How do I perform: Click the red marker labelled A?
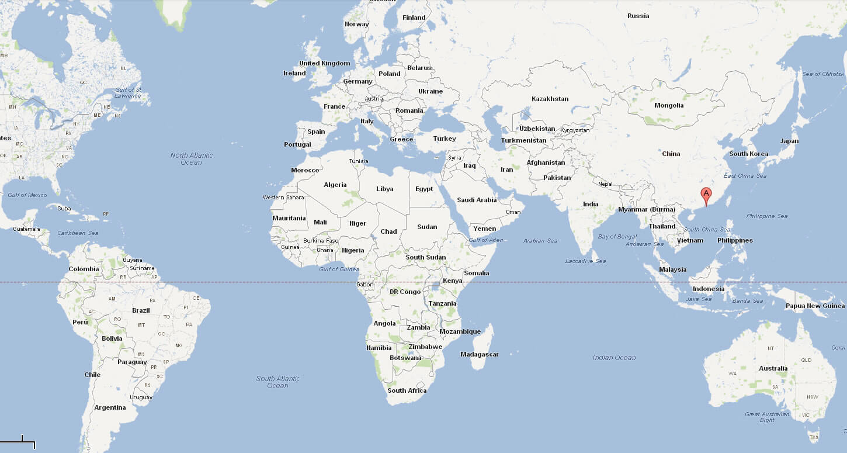tap(706, 195)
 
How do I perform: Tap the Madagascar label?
tap(479, 354)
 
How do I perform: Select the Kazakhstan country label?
tap(550, 99)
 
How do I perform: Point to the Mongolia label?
tap(669, 105)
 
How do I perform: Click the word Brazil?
tap(141, 310)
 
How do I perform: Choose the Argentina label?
tap(110, 407)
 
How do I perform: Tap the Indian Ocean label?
tap(614, 357)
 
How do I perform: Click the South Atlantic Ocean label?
tap(277, 382)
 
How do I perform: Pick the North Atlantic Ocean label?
tap(191, 158)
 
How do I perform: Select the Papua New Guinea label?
tap(815, 306)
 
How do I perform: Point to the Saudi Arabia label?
tap(477, 200)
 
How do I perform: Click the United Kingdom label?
tap(324, 63)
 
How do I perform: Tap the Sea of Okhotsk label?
tap(823, 74)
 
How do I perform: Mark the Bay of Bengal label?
tap(617, 236)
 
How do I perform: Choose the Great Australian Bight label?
tap(767, 417)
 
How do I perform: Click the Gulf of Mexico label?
tap(27, 195)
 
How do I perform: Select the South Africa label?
tap(407, 390)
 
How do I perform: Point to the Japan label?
tap(789, 141)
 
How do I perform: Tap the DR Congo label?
tap(405, 292)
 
